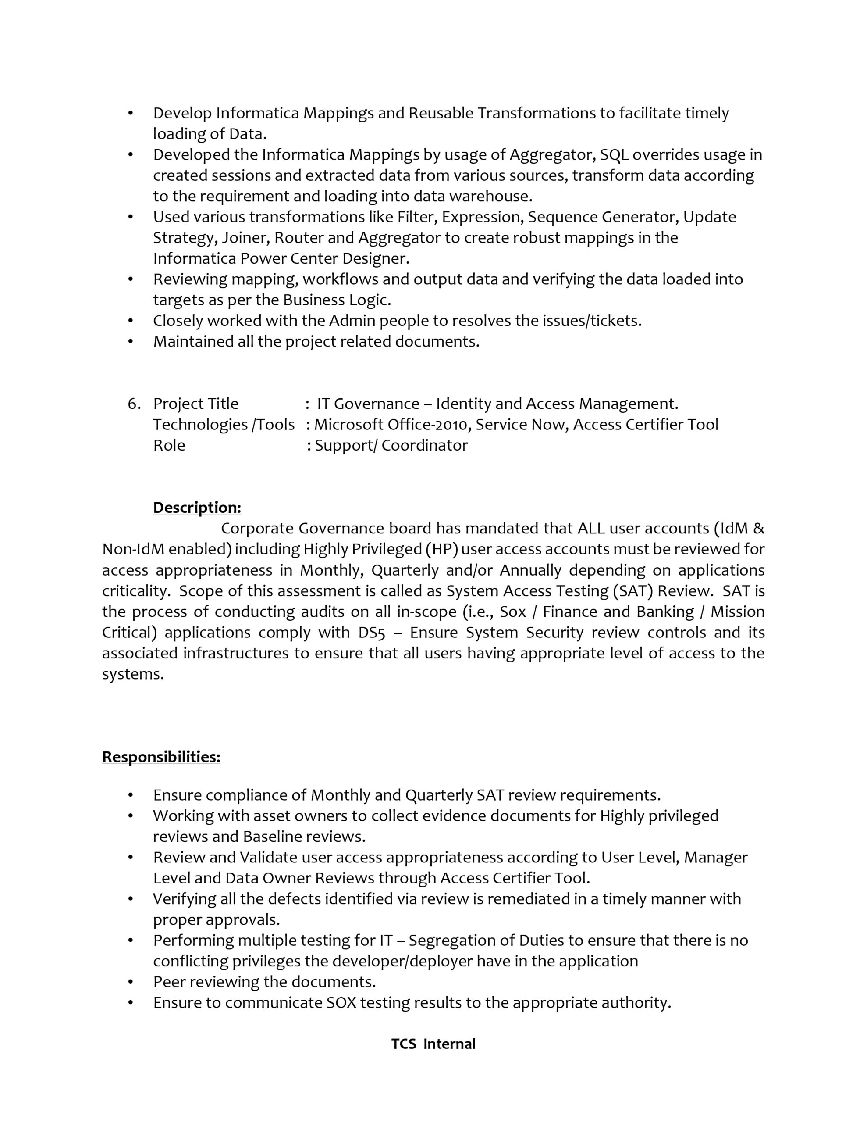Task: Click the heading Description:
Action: [x=197, y=508]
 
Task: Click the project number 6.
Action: [x=134, y=404]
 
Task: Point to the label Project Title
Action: [x=196, y=404]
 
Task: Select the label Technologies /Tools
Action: [x=224, y=425]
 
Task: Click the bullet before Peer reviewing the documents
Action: [x=131, y=982]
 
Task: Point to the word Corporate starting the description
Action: [x=257, y=529]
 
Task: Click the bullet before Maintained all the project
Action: [x=131, y=341]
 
